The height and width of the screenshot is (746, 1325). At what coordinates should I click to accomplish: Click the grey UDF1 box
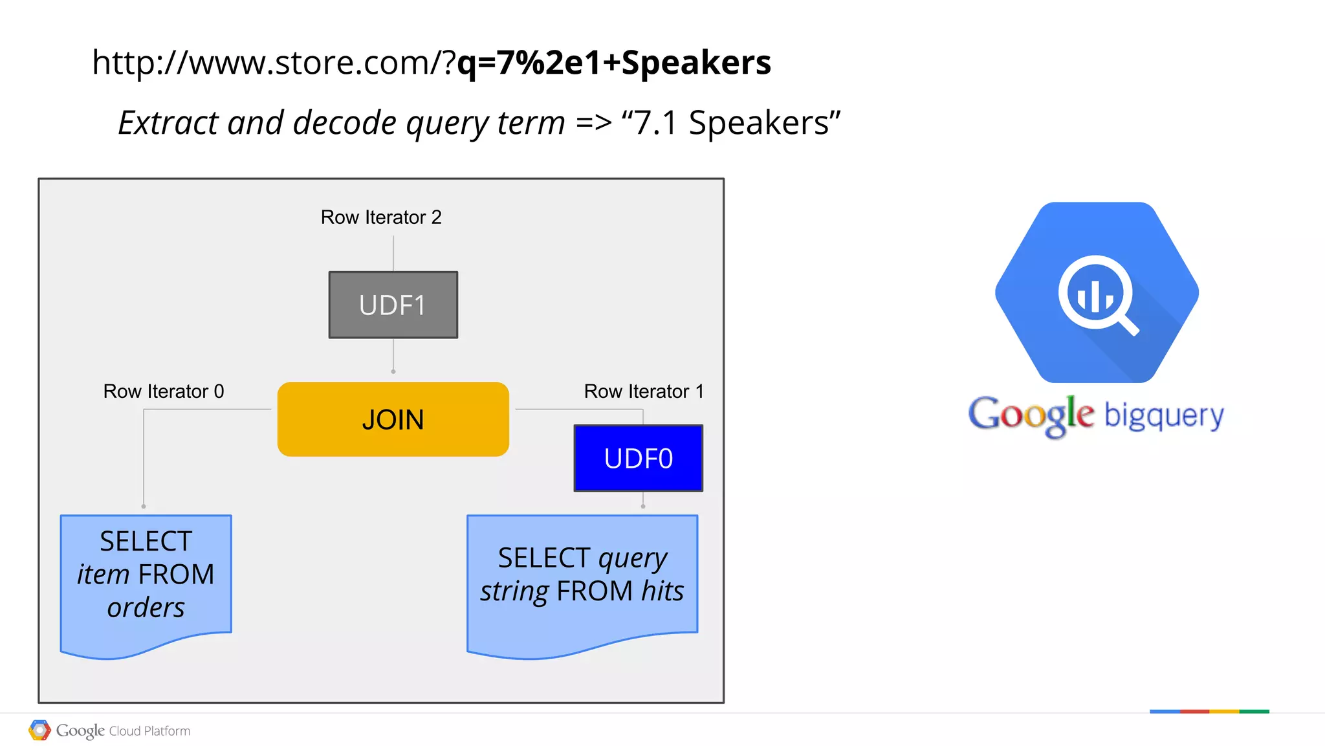click(393, 305)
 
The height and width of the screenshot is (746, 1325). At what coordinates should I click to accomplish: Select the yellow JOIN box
click(393, 419)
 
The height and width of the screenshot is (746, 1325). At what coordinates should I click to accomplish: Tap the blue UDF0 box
click(638, 458)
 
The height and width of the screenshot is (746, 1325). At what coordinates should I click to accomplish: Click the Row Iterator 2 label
click(381, 217)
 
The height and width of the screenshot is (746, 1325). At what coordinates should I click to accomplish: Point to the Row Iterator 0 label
click(164, 391)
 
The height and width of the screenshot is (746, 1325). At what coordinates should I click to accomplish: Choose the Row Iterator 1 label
click(643, 391)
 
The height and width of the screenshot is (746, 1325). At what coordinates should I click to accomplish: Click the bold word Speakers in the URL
click(696, 63)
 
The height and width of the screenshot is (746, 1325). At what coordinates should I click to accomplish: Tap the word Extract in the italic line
click(168, 123)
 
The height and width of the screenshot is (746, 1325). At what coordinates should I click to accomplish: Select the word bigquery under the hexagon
click(1164, 415)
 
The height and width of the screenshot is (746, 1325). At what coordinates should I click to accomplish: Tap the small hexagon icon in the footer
click(39, 730)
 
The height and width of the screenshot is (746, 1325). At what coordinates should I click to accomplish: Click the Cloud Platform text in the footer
click(149, 731)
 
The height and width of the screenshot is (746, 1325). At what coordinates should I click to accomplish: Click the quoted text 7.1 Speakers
click(730, 123)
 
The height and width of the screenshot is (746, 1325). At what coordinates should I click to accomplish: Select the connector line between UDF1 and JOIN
click(393, 355)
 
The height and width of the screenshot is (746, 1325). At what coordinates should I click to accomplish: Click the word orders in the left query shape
click(146, 608)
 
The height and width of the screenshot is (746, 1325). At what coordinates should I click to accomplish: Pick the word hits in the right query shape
click(662, 591)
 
